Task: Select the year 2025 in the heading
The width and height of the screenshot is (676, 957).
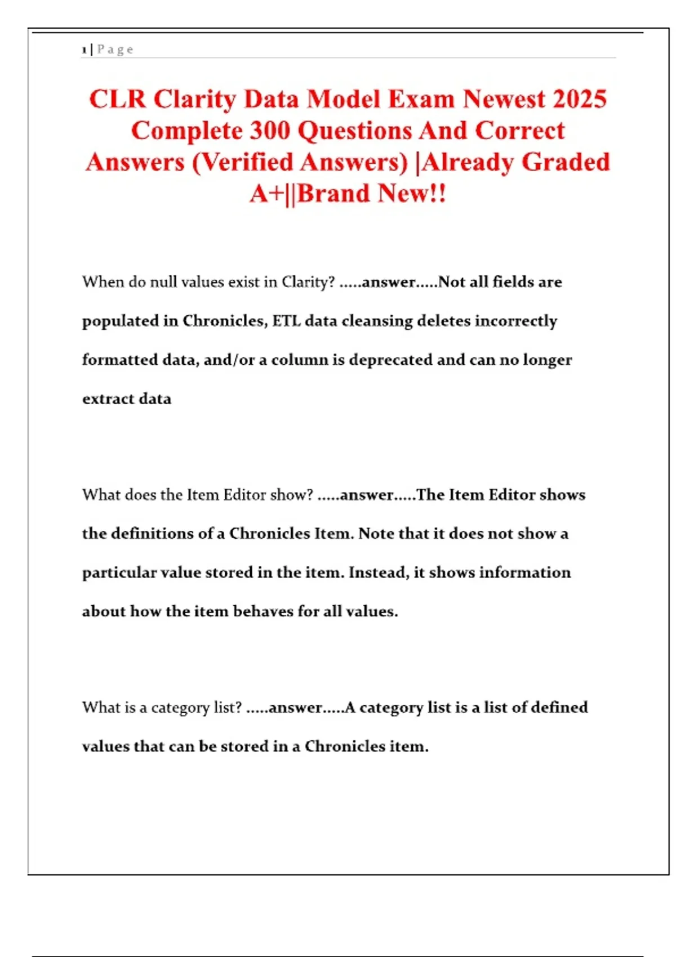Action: (x=580, y=99)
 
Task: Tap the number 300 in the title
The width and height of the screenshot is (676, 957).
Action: (x=270, y=131)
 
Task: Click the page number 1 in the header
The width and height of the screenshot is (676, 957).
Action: (x=84, y=50)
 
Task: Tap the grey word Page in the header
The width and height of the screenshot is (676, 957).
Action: (x=115, y=50)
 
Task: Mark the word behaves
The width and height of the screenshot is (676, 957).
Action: (x=263, y=611)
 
